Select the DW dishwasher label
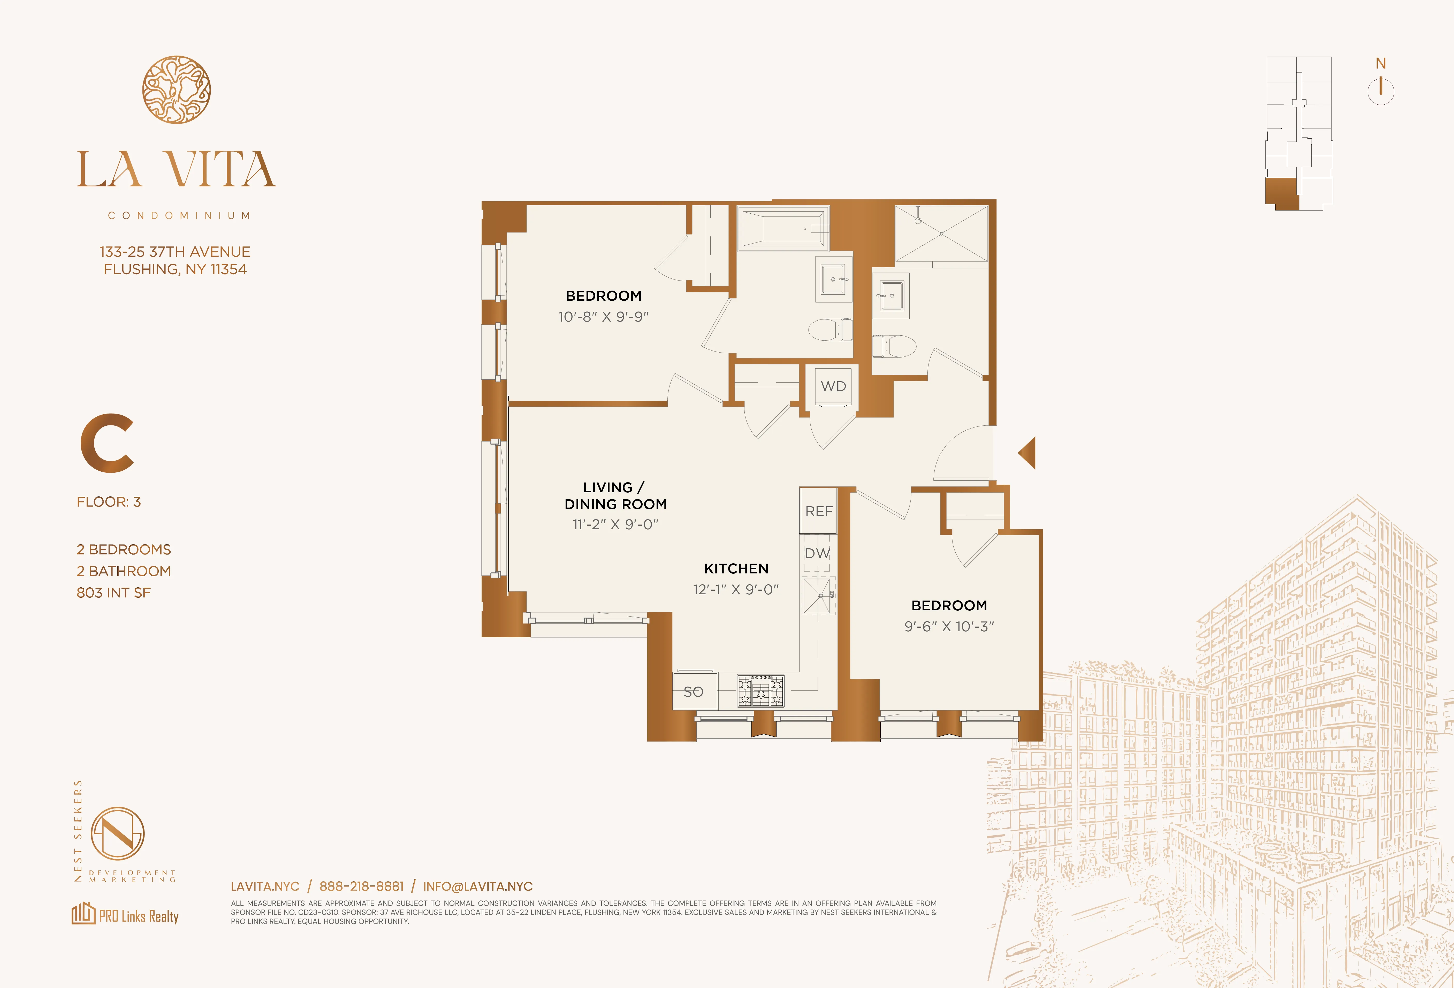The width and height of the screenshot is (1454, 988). (817, 553)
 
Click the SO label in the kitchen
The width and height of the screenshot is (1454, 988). (693, 692)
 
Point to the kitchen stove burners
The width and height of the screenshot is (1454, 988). (760, 691)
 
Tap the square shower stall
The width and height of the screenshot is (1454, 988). (942, 234)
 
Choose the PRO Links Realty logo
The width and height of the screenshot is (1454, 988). (125, 915)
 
